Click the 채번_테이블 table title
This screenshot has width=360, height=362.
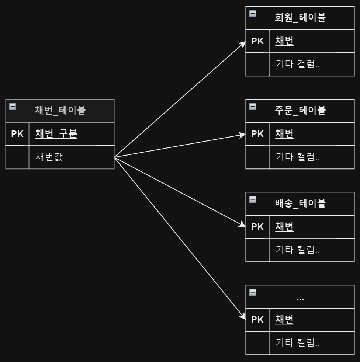[x=60, y=110]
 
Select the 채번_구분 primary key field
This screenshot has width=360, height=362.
[x=56, y=134]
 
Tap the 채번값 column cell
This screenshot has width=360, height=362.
[x=49, y=157]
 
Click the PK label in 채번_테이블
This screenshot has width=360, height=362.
[x=17, y=134]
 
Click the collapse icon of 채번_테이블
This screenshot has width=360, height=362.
[x=13, y=107]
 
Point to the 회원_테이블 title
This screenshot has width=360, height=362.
[x=300, y=17]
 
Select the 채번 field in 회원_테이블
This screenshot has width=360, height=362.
[x=284, y=41]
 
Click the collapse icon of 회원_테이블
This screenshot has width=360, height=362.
[x=253, y=14]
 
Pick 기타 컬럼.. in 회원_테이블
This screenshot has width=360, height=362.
[x=297, y=64]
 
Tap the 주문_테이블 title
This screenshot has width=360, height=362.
[x=300, y=110]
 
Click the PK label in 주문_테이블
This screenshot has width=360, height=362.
[x=257, y=134]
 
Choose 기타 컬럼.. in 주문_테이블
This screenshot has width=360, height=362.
[x=297, y=157]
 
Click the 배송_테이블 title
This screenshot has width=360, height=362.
[x=300, y=203]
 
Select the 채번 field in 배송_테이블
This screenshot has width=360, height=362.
[x=284, y=227]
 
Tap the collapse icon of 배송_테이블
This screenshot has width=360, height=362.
[x=253, y=199]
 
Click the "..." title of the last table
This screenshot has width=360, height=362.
[x=300, y=297]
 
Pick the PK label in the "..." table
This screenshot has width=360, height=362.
[x=257, y=320]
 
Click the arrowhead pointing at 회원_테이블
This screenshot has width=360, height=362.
[x=243, y=43]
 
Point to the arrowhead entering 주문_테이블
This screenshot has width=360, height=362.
[x=243, y=135]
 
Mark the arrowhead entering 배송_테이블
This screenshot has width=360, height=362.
[x=243, y=226]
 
